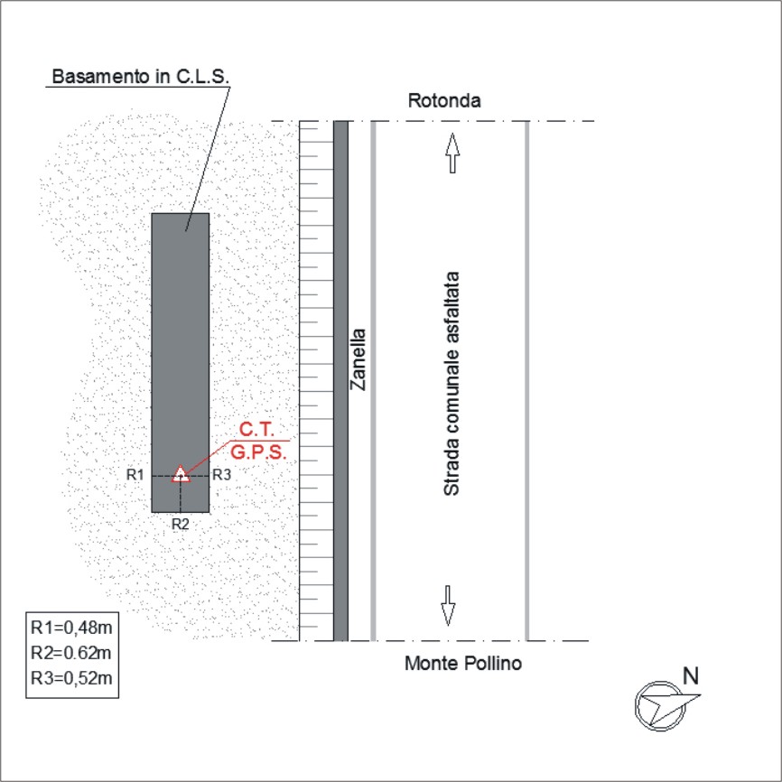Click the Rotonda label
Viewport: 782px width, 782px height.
pyautogui.click(x=444, y=101)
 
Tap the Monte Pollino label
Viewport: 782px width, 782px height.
pyautogui.click(x=463, y=664)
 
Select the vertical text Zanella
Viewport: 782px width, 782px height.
pyautogui.click(x=358, y=359)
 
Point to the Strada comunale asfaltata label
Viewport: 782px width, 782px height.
pyautogui.click(x=451, y=384)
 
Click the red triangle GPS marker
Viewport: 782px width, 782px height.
pyautogui.click(x=181, y=474)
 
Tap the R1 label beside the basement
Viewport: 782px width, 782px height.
pyautogui.click(x=135, y=475)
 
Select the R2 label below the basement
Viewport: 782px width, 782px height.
pyautogui.click(x=180, y=524)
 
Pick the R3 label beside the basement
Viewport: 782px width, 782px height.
pyautogui.click(x=222, y=475)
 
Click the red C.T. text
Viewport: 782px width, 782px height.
pyautogui.click(x=256, y=430)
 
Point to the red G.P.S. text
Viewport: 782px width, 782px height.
pyautogui.click(x=259, y=452)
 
